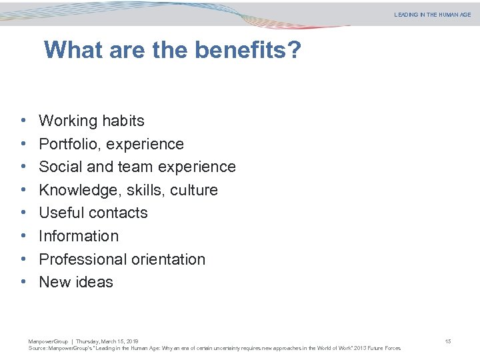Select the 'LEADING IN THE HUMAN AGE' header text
pyautogui.click(x=432, y=15)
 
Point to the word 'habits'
pyautogui.click(x=123, y=121)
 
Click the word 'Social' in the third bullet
pyautogui.click(x=59, y=167)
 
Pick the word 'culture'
pyautogui.click(x=194, y=190)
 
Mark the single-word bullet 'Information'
pyautogui.click(x=79, y=236)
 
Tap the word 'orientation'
pyautogui.click(x=170, y=259)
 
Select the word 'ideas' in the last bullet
pyautogui.click(x=95, y=282)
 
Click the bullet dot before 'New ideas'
pyautogui.click(x=23, y=282)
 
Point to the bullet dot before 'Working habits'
pyautogui.click(x=23, y=121)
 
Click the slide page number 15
pyautogui.click(x=448, y=341)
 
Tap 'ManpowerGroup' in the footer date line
pyautogui.click(x=48, y=341)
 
